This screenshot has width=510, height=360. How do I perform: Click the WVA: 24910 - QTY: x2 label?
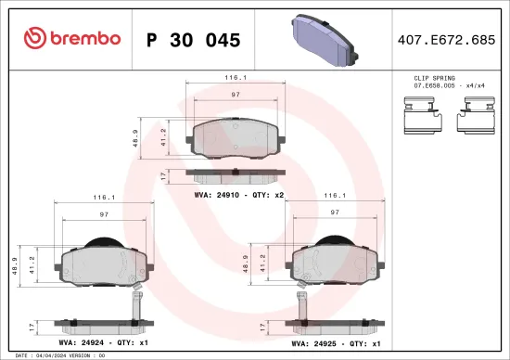coord(238,195)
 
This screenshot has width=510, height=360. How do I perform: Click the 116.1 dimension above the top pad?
coord(236,80)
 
